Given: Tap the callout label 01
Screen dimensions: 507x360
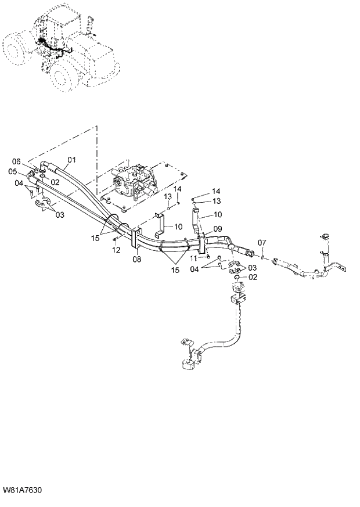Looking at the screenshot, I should click(x=72, y=159).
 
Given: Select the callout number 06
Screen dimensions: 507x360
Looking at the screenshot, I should click(x=16, y=161).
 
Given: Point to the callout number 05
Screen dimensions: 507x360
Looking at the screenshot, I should click(x=12, y=171).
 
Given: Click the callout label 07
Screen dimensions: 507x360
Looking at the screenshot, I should click(x=262, y=242).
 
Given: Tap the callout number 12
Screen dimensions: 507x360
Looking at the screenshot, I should click(x=116, y=250).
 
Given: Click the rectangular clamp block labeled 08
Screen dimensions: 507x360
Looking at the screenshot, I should click(x=134, y=243).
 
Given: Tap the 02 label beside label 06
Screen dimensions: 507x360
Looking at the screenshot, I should click(x=56, y=182).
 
